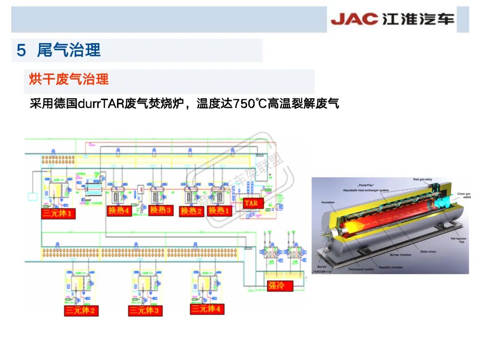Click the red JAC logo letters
coord(353,19)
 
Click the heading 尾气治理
coord(69,50)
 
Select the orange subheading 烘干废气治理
coord(69,80)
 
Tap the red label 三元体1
coord(59,214)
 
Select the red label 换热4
coord(119,210)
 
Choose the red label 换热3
coord(160,210)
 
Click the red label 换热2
coord(192,211)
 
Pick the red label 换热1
coord(220,210)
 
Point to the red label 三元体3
coord(145,310)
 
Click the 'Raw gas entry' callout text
coord(422,180)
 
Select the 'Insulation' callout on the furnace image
coord(328,202)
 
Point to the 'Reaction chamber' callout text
coord(391,268)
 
